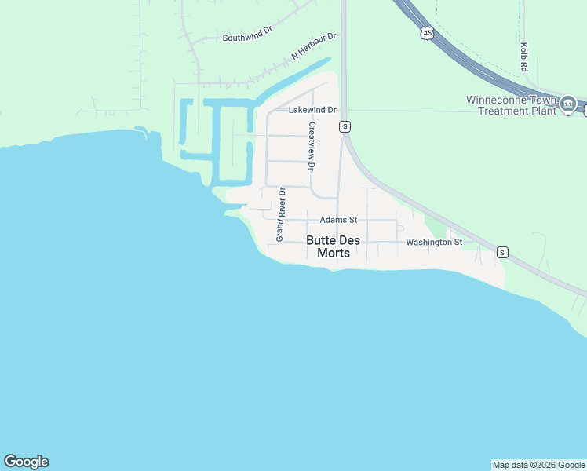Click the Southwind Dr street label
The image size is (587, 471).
246,38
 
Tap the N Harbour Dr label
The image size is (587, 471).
313,46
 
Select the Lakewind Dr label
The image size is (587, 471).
312,110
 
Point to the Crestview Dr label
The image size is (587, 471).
312,145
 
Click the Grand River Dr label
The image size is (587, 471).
280,214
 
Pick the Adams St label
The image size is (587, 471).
338,220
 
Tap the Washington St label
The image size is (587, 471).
434,243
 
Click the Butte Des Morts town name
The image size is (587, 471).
334,246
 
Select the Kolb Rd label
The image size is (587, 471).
523,57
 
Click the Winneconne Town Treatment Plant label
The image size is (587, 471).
511,105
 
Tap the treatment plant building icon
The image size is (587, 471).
568,104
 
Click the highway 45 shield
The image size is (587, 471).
426,33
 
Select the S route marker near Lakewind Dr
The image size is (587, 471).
344,126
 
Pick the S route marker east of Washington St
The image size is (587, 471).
502,252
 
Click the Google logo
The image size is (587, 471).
26,462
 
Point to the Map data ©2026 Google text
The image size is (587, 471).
538,465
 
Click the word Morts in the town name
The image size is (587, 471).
334,253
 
